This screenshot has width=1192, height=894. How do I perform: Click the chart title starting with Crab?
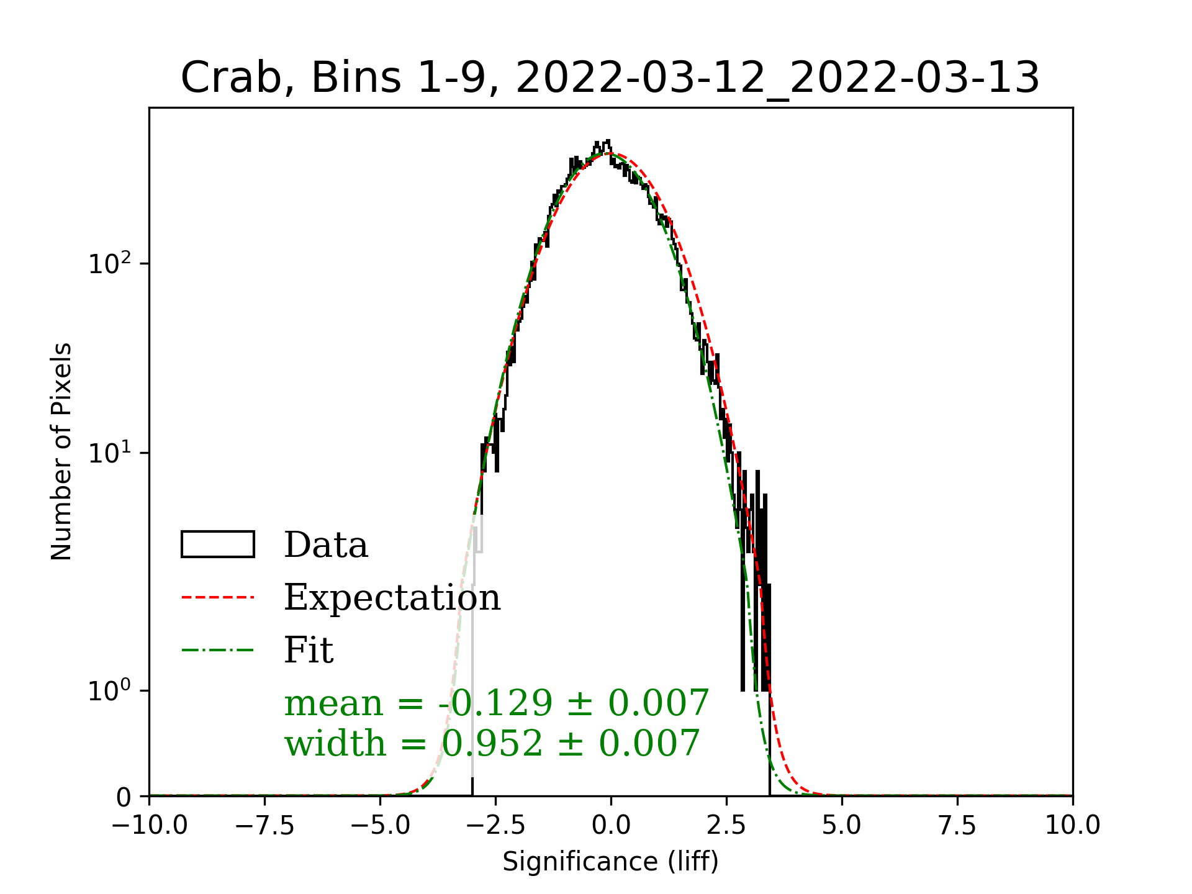coord(610,78)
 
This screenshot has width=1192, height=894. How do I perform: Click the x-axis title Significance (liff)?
coord(610,862)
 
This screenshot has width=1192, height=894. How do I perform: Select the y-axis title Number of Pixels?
coord(61,451)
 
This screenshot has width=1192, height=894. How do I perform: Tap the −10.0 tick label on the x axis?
coord(150,826)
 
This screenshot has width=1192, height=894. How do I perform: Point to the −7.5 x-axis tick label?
coord(265,826)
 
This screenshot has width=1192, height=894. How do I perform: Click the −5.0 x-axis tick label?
coord(381,826)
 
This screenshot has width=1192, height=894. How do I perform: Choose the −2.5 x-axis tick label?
coord(496,826)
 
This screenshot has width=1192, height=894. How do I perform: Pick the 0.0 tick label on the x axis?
coord(611,826)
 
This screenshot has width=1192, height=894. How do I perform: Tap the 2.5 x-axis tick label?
coord(726,826)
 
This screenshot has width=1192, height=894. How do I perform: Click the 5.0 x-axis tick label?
coord(842,826)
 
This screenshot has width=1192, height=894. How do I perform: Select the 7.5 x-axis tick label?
coord(957,826)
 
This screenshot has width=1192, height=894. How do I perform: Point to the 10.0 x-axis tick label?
coord(1073,826)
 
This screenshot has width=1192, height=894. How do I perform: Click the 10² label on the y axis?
coord(110,263)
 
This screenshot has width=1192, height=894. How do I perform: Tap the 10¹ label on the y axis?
coord(110,453)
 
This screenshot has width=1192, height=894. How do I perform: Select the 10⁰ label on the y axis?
coord(110,690)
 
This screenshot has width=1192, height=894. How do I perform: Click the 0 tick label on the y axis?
coord(124,797)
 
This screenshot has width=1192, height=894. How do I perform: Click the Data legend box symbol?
coord(218,544)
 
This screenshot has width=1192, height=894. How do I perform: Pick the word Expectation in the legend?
coord(392,597)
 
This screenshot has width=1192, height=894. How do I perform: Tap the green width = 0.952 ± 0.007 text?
coord(492,743)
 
